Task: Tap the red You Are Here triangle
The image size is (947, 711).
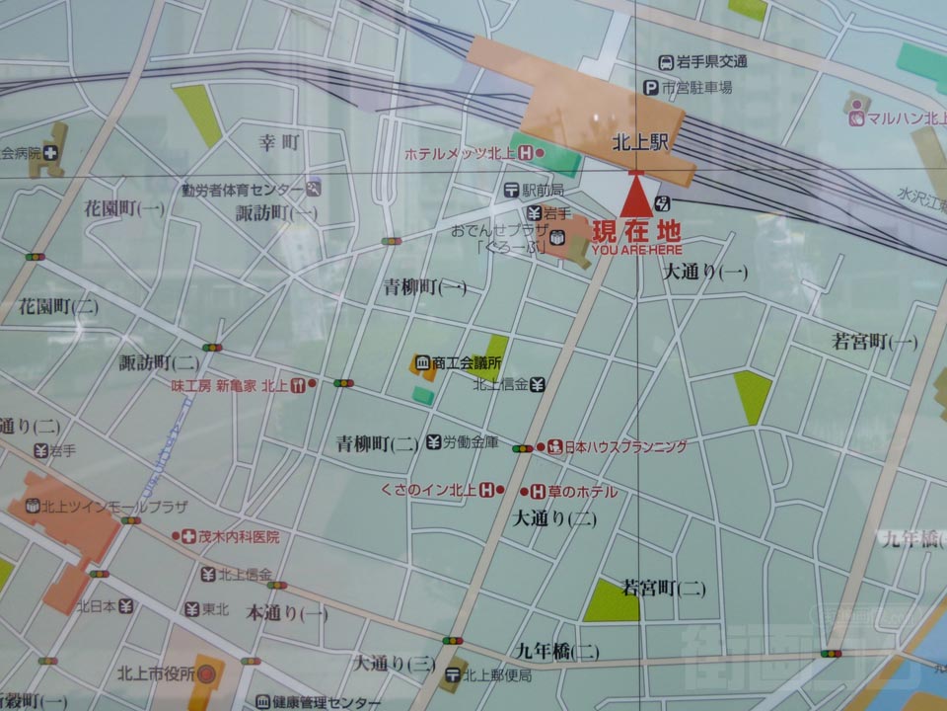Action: pyautogui.click(x=636, y=195)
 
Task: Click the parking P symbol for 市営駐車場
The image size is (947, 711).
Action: pyautogui.click(x=650, y=88)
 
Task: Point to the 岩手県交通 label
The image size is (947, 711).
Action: pyautogui.click(x=711, y=62)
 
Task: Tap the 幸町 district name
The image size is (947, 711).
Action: pyautogui.click(x=279, y=142)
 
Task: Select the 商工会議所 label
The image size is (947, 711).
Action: pyautogui.click(x=467, y=362)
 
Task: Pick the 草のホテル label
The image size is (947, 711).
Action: pyautogui.click(x=582, y=491)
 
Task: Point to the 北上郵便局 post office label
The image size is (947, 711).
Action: pyautogui.click(x=497, y=675)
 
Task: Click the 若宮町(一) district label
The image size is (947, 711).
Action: pyautogui.click(x=874, y=342)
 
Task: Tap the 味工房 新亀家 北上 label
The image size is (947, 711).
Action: pyautogui.click(x=229, y=385)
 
